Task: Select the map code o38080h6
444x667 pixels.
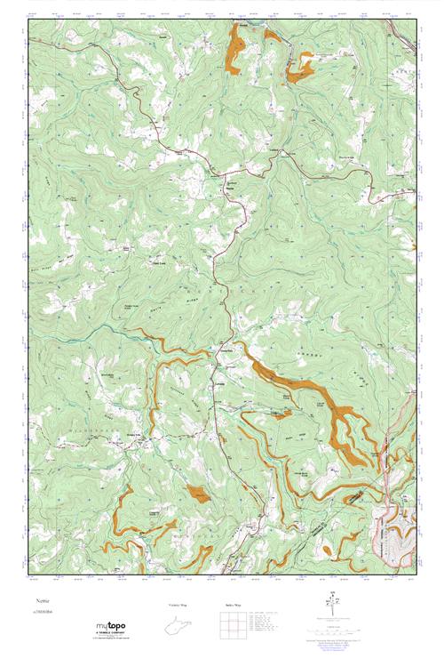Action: (44, 613)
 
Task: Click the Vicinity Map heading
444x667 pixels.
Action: (178, 605)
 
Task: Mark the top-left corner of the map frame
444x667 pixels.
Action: (28, 20)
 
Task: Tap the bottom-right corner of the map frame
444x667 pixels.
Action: (416, 575)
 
